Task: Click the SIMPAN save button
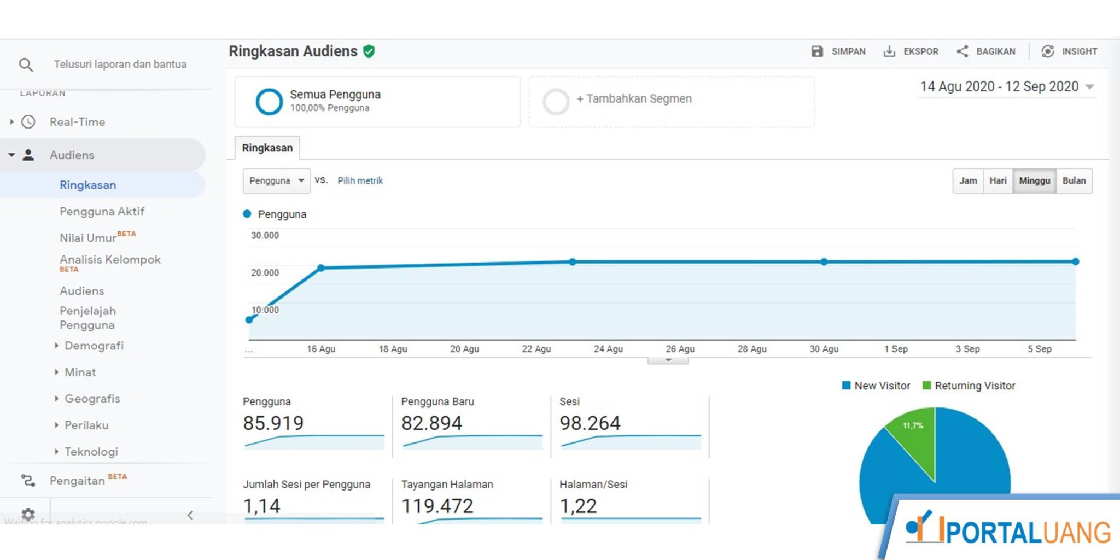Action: (x=838, y=51)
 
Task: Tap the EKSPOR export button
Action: (x=911, y=51)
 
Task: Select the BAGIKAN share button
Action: (x=986, y=51)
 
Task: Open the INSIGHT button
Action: (x=1070, y=51)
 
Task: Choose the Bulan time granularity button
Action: (x=1074, y=181)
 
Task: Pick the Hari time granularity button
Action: (x=997, y=181)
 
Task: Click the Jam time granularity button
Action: (x=968, y=181)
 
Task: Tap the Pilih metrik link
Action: (x=360, y=181)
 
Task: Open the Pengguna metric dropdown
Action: (x=276, y=181)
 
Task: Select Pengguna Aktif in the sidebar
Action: (x=102, y=212)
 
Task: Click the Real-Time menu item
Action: (x=77, y=122)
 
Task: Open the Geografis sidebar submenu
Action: (x=92, y=399)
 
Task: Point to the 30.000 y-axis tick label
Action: (x=265, y=236)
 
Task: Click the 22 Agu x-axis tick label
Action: (x=536, y=349)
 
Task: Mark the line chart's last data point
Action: (x=1075, y=262)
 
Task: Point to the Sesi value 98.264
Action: (x=590, y=423)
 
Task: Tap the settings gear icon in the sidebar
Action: (x=28, y=514)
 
